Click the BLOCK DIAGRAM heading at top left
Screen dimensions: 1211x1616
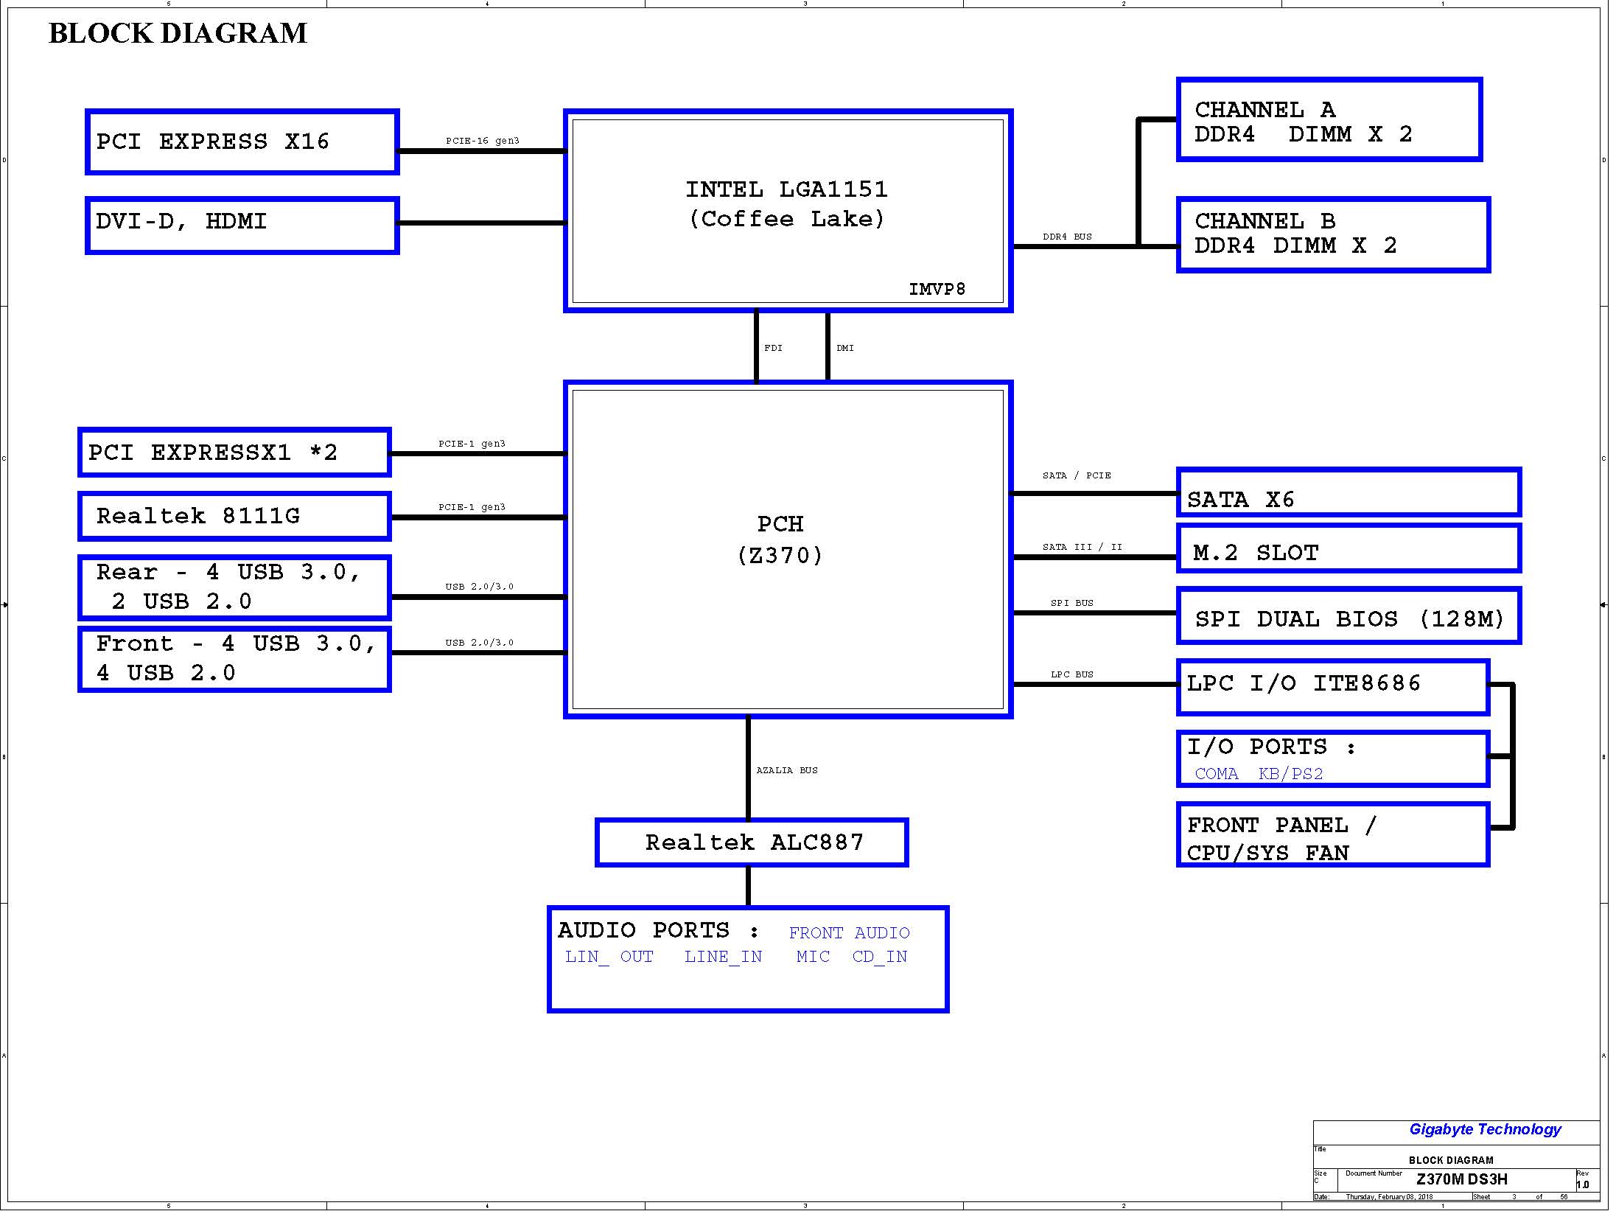tap(178, 34)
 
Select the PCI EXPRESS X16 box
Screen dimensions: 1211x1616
tap(242, 142)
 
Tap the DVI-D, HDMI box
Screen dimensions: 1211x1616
tap(242, 225)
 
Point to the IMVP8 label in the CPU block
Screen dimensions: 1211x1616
tap(937, 290)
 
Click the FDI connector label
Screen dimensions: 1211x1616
tap(773, 348)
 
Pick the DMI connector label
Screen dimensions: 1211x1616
tap(845, 348)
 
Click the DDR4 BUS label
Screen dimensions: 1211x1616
tap(1067, 237)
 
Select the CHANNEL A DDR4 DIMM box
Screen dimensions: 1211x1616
tap(1329, 119)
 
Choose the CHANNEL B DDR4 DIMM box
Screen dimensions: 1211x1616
tap(1333, 234)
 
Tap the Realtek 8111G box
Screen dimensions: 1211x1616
tap(234, 516)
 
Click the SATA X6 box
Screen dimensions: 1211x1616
tap(1349, 492)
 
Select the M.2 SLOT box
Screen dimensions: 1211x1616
tap(1349, 549)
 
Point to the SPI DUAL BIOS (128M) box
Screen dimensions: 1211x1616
tap(1349, 617)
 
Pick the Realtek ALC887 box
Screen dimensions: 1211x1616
tap(752, 842)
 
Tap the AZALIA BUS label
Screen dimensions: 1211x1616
tap(787, 770)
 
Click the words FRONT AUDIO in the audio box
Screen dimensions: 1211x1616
tap(849, 933)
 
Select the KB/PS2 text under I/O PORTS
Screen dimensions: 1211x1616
tap(1290, 774)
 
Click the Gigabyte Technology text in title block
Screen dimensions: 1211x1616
tap(1485, 1129)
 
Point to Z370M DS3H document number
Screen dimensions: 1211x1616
tap(1461, 1179)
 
